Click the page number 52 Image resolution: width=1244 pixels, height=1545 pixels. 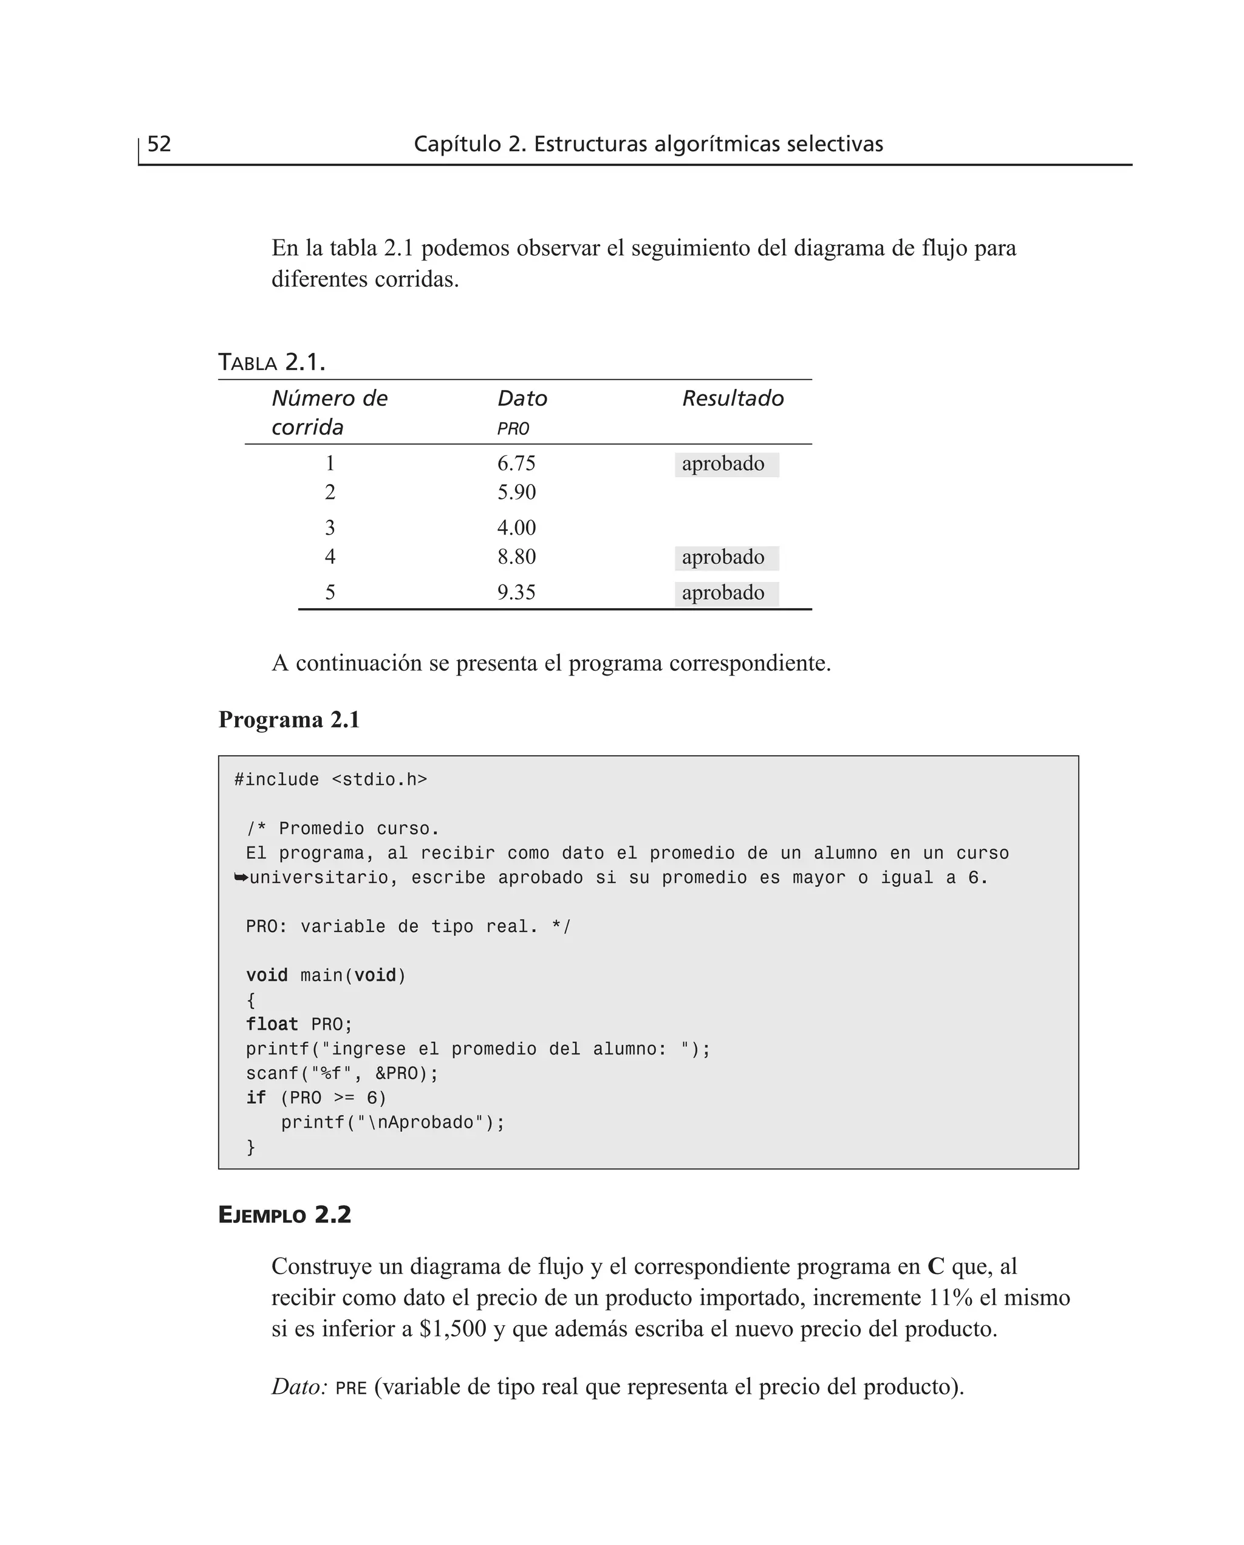[x=159, y=144]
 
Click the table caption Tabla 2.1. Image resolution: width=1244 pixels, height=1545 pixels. [x=272, y=363]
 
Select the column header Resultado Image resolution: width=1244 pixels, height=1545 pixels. [x=733, y=399]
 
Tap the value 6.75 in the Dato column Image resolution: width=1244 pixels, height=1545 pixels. [x=516, y=464]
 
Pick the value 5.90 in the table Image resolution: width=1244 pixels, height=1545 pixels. [x=516, y=492]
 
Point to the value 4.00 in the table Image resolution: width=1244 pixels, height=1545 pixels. [x=516, y=528]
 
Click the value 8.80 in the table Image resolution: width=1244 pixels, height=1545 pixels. [x=516, y=557]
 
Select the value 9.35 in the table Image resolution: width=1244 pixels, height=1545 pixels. [x=516, y=592]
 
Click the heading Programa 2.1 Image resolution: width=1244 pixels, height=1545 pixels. [x=289, y=719]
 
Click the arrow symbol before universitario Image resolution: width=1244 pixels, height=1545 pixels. [x=241, y=877]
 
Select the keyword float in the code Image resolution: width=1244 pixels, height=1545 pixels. [x=272, y=1024]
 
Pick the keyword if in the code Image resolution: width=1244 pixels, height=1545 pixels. [x=256, y=1098]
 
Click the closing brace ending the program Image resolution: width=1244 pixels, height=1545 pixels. [x=251, y=1147]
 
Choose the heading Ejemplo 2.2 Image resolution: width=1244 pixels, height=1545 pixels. [x=284, y=1215]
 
